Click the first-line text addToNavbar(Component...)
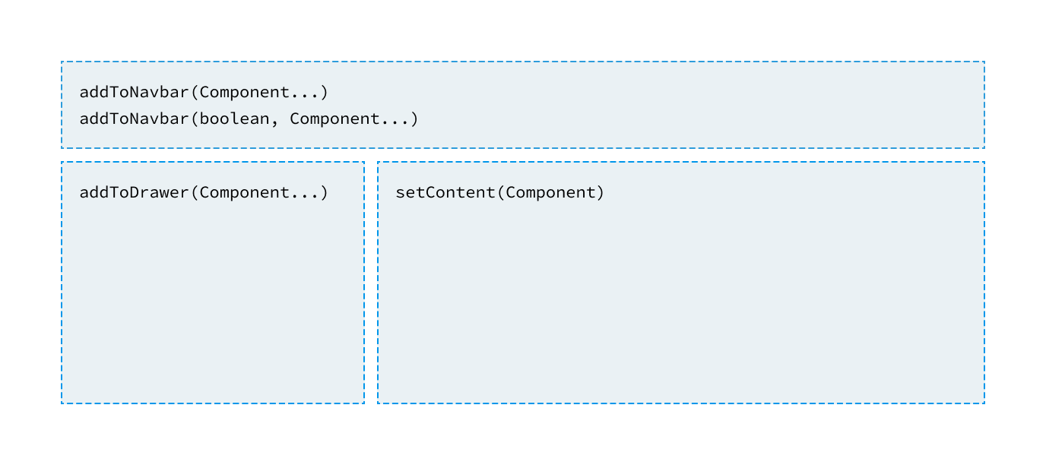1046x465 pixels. [204, 93]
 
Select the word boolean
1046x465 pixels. [234, 119]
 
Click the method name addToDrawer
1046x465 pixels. [134, 192]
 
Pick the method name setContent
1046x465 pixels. [445, 192]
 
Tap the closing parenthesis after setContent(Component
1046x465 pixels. [600, 193]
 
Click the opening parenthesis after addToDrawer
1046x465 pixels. [195, 193]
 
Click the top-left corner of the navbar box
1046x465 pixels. [62, 62]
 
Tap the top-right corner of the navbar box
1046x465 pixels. [984, 62]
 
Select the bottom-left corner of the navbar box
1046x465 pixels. [62, 148]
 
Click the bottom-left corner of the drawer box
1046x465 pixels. [62, 403]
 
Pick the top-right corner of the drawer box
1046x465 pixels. [364, 162]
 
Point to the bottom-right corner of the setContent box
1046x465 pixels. [984, 403]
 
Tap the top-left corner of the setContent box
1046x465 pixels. [378, 162]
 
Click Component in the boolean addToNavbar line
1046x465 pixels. [334, 119]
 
